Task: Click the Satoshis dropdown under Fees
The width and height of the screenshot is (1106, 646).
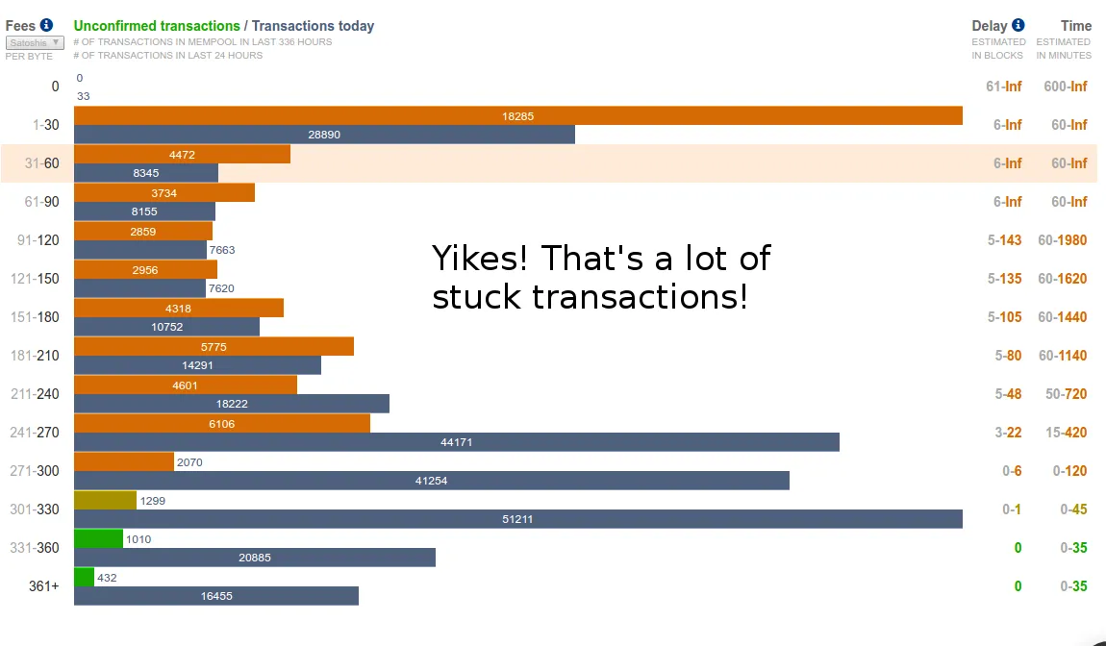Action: coord(35,43)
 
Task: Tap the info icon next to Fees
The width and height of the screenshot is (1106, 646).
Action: coord(46,25)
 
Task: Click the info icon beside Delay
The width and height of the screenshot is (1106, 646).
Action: coord(1018,25)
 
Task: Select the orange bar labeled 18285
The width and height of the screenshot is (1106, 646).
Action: coord(518,115)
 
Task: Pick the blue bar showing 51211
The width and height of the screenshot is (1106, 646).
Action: coord(518,519)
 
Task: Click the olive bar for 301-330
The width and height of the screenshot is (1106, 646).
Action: coord(105,500)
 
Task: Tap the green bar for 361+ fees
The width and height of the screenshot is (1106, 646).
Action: coord(84,577)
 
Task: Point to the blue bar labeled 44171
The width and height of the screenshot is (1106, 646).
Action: coord(457,442)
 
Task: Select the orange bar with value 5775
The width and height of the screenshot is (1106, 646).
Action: coord(214,346)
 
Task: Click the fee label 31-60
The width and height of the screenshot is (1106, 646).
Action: coord(41,162)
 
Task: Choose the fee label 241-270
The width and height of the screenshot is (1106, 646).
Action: coord(35,433)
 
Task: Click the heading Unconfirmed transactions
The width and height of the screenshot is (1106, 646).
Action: coord(157,26)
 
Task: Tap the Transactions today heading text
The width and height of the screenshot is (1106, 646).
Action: coord(314,26)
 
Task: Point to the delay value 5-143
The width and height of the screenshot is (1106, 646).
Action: coord(1004,239)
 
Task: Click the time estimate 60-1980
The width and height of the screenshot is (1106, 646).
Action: coord(1063,239)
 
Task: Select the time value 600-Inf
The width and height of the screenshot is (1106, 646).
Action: coord(1066,87)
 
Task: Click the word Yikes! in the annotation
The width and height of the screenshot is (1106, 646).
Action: coord(480,259)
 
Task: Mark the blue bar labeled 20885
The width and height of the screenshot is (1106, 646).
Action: coord(255,558)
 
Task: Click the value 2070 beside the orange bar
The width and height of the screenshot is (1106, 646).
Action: coord(189,462)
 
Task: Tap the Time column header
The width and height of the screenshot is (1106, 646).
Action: coord(1075,26)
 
